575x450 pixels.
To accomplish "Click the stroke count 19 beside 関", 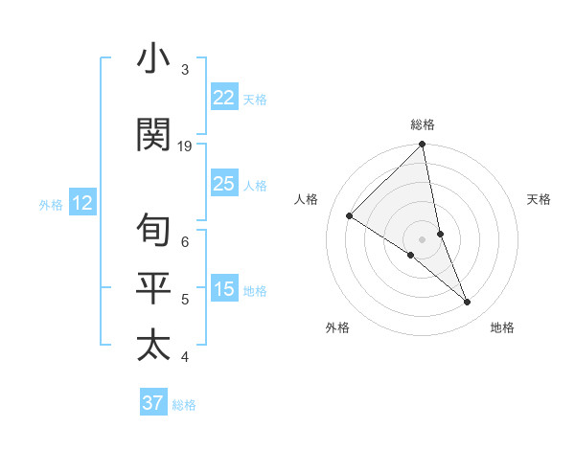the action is [185, 146].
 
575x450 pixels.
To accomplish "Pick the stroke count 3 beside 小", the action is [185, 70].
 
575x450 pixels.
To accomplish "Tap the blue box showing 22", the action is [224, 98].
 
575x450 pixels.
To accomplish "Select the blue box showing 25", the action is [224, 184].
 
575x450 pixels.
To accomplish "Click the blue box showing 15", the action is [224, 289].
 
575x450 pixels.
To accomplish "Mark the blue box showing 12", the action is [81, 203].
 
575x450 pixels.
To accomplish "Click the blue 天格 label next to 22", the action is [255, 100].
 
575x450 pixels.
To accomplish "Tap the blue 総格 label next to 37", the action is [184, 405].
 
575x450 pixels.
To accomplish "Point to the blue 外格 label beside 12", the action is [51, 204].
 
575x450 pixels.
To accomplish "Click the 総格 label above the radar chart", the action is [423, 124].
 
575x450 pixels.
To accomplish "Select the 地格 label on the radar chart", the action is [502, 328].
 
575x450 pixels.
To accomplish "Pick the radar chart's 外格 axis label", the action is [336, 328].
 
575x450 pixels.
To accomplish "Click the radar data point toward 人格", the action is [350, 216].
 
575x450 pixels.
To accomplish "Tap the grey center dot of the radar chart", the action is [422, 238].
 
